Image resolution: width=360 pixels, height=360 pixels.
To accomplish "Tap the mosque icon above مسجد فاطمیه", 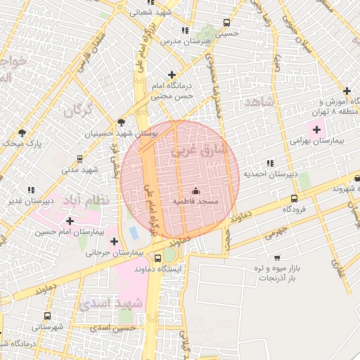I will point(195,191).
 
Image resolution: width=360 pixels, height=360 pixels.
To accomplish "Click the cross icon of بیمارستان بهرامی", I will point(316,129).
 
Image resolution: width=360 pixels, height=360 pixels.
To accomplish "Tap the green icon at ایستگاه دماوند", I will point(169,256).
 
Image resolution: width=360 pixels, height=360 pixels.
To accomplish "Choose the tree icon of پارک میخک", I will point(22,132).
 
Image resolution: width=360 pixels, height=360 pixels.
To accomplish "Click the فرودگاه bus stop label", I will point(294,209).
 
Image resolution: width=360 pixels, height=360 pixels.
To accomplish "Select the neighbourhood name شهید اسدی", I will point(111,304).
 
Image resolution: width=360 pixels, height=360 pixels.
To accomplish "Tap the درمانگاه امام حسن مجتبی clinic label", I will point(172,91).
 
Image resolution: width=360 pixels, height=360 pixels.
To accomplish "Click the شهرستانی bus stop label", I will point(47,327).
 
